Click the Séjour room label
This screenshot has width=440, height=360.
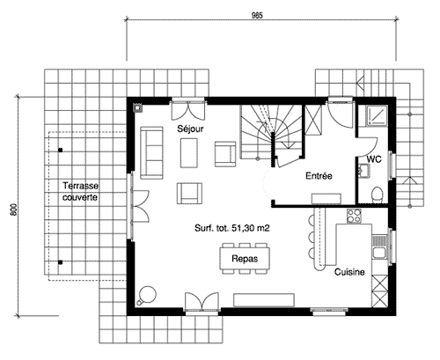190,129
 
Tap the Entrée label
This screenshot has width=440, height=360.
319,176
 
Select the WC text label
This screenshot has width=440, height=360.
374,159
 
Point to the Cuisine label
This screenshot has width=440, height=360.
349,272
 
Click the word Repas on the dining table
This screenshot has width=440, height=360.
245,259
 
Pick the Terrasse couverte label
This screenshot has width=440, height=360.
80,191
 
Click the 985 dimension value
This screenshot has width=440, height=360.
257,16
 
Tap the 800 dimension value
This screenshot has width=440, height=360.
13,210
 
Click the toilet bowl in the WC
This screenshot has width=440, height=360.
377,195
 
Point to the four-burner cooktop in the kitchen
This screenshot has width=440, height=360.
354,216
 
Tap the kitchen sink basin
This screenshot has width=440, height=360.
378,253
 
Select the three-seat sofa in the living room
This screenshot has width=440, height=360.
151,152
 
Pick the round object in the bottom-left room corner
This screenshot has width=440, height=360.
146,295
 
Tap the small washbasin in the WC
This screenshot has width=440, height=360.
364,171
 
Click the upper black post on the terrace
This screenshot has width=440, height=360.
61,151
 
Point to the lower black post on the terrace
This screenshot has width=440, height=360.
60,262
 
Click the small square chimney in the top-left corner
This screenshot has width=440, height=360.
137,108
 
